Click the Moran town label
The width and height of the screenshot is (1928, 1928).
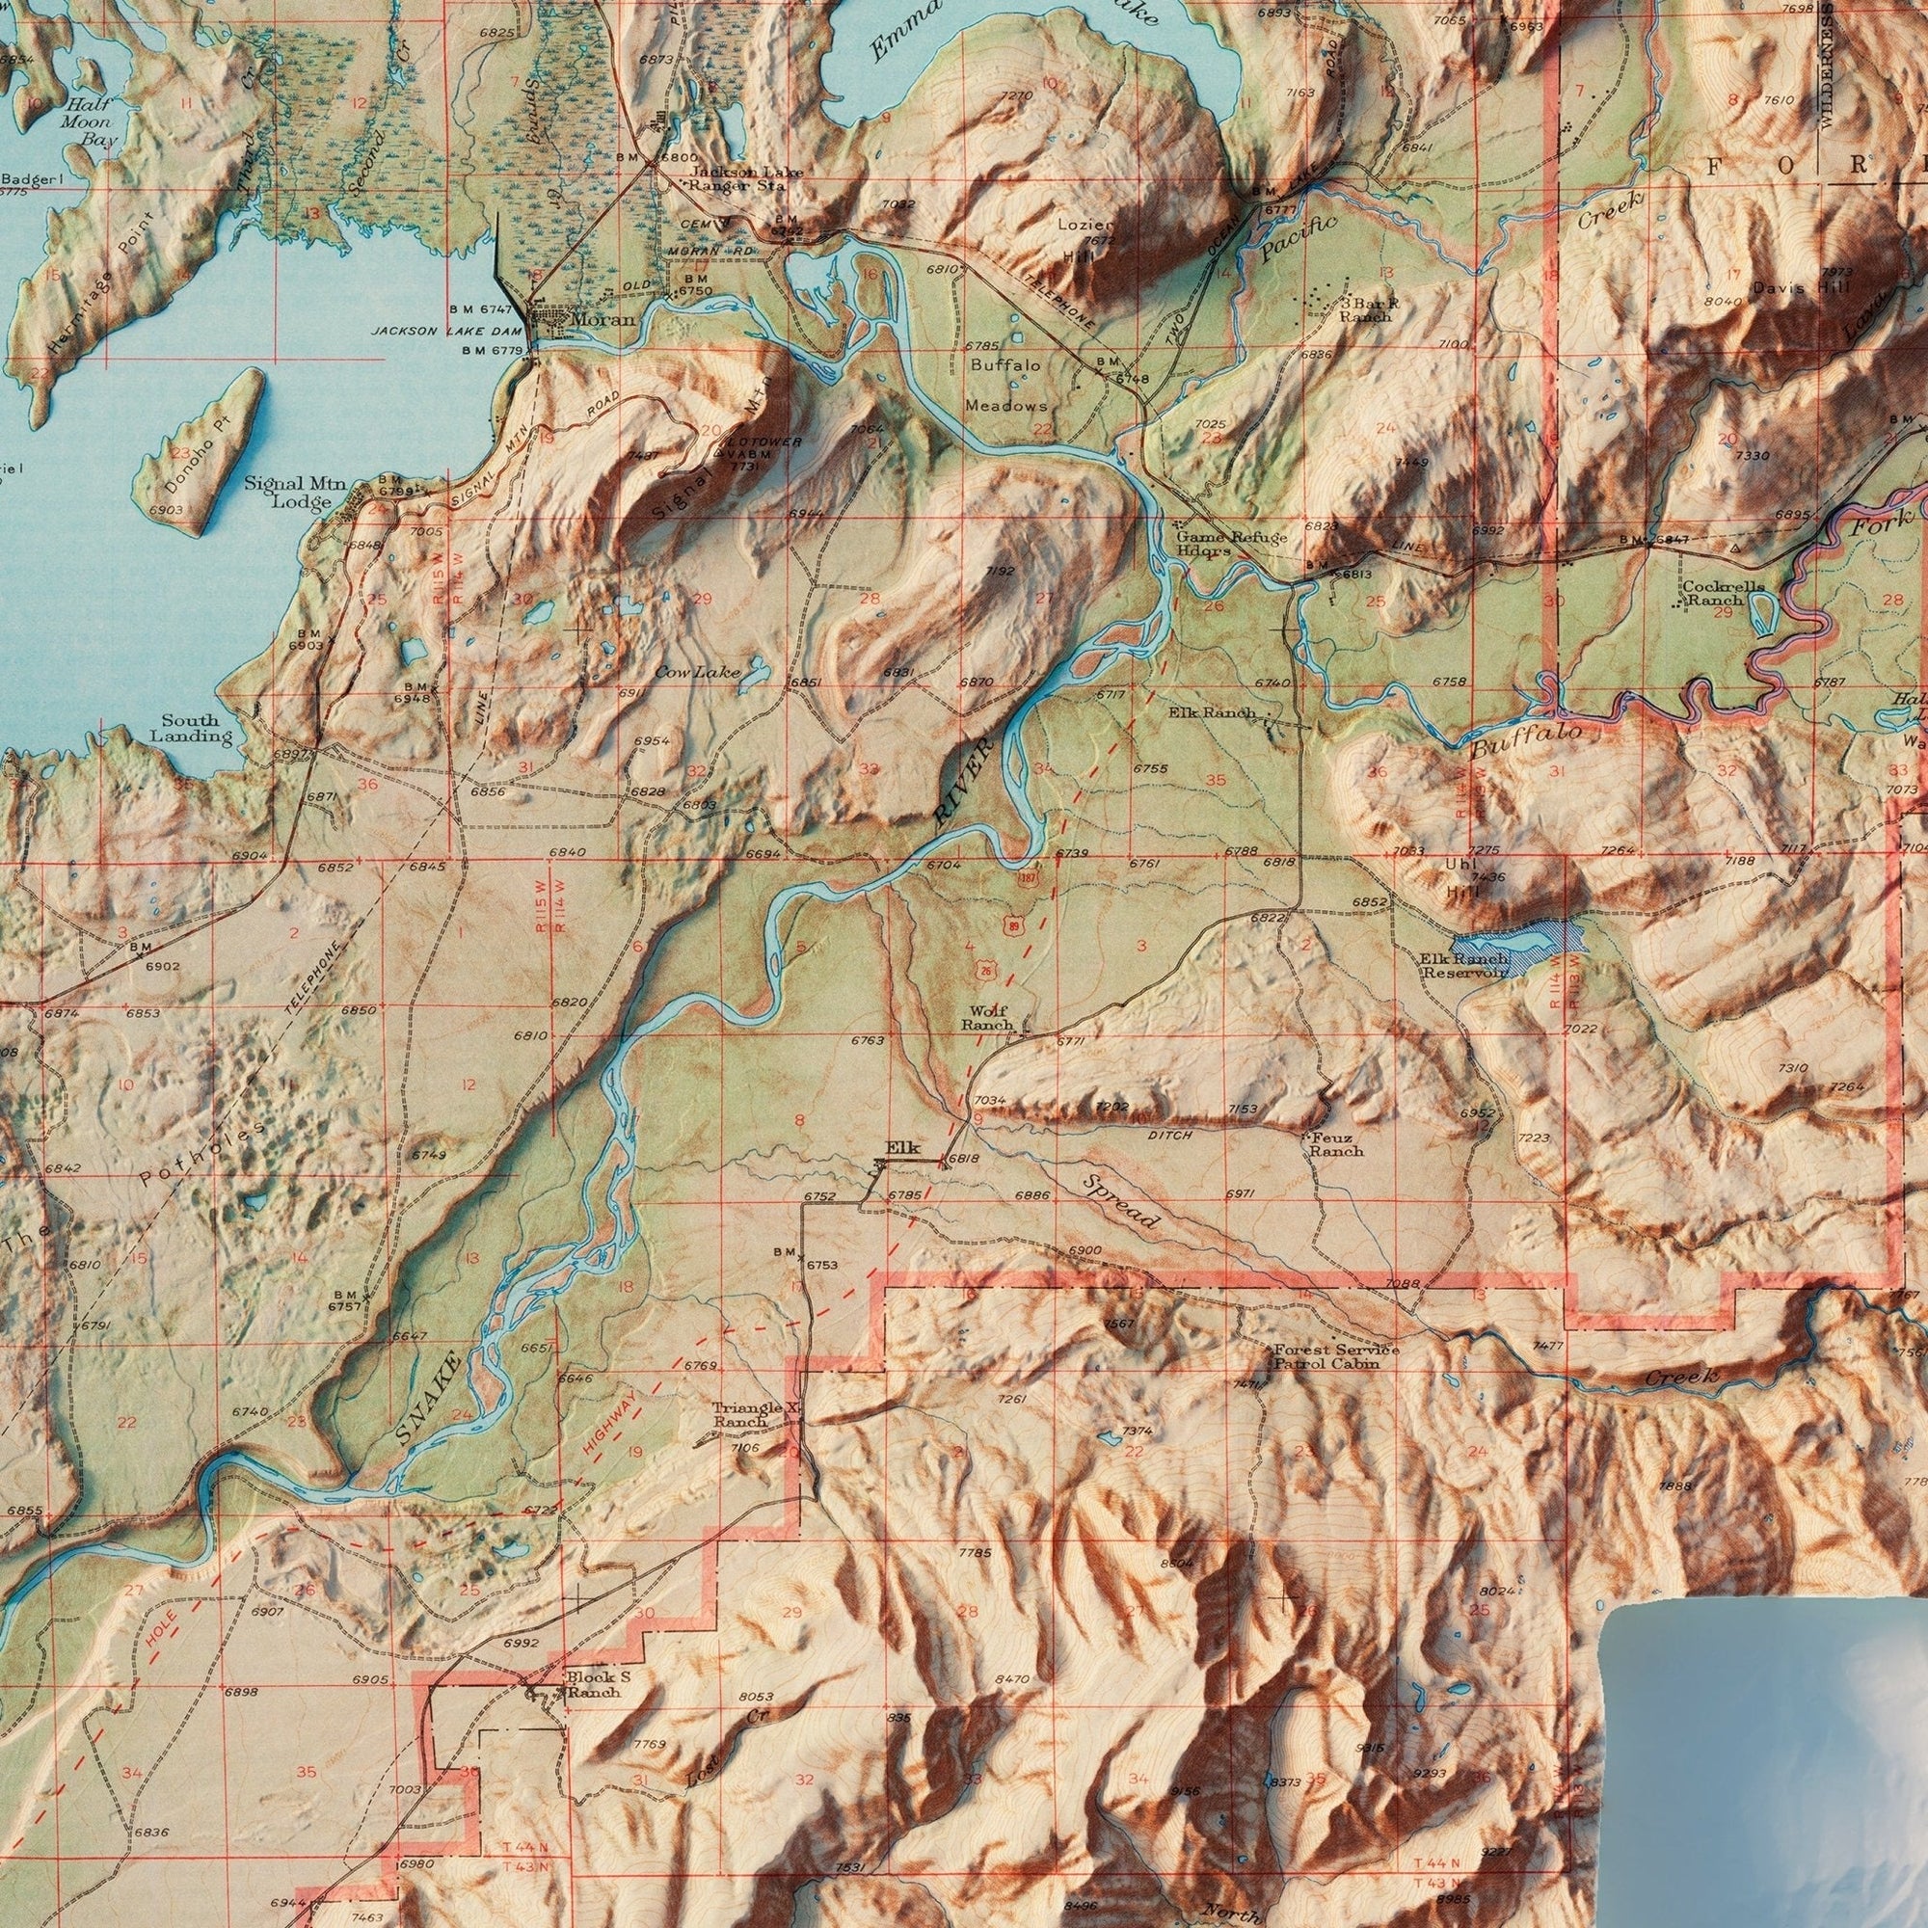[x=603, y=320]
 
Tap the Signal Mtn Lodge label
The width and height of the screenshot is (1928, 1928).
[x=295, y=493]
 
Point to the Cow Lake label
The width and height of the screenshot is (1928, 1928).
[x=698, y=673]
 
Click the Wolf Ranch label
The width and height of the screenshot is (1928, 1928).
[x=988, y=1018]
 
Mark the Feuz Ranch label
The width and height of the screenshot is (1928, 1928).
[x=1335, y=1143]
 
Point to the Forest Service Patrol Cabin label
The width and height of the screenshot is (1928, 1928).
[x=1335, y=1356]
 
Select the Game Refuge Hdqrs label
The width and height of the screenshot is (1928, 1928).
[x=1230, y=543]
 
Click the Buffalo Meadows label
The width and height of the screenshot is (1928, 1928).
[x=1005, y=386]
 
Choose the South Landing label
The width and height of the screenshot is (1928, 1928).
[x=191, y=729]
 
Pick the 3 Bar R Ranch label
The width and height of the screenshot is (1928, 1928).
[x=1365, y=309]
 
